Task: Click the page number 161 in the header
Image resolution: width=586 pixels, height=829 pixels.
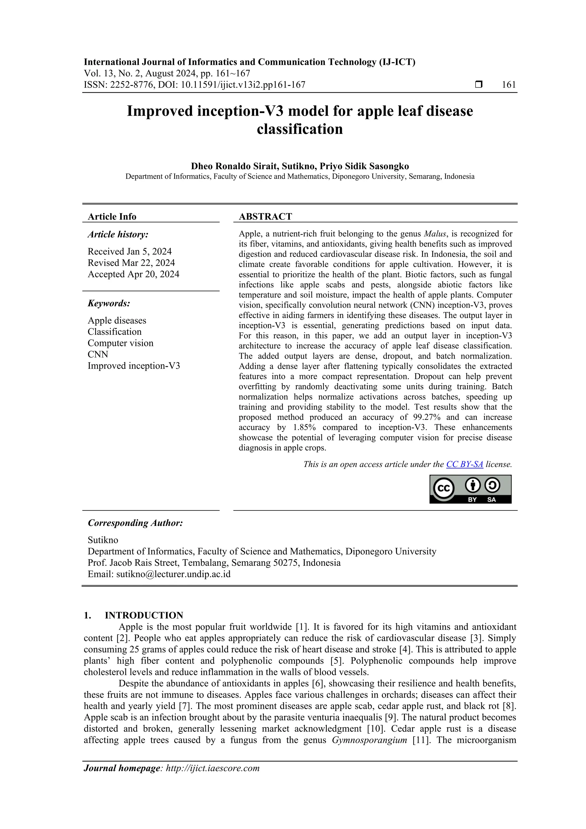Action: pos(509,85)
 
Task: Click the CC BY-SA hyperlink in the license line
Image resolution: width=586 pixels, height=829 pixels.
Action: pos(464,464)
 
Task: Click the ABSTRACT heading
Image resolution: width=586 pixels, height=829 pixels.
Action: pos(265,217)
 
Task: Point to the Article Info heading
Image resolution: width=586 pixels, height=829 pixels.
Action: pos(112,217)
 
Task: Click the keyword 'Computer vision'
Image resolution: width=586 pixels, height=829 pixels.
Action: pos(120,343)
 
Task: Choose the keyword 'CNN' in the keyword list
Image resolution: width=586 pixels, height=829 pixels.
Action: pos(98,355)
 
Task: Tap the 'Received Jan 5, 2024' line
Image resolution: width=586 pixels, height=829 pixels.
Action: pos(130,251)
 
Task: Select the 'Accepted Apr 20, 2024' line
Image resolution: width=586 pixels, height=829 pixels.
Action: pos(133,274)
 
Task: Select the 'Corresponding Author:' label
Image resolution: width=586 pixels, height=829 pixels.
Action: pos(135,523)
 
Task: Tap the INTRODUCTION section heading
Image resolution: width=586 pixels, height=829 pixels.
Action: pos(144,615)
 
